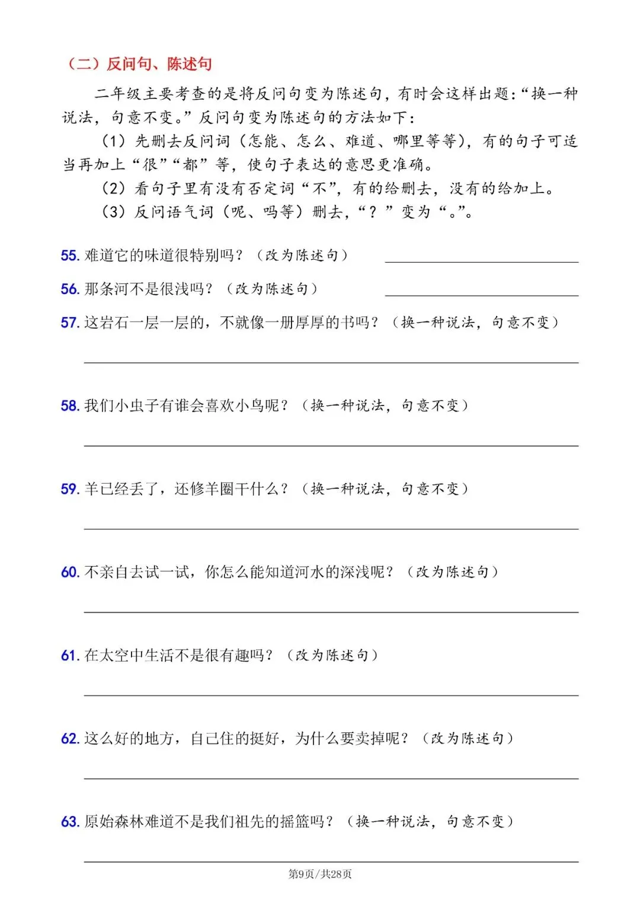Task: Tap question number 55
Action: point(70,255)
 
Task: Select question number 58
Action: point(70,406)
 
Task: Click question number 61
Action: point(70,655)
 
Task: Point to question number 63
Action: point(70,822)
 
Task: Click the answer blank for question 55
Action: point(481,260)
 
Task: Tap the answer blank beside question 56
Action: point(481,293)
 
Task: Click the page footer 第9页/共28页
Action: point(320,874)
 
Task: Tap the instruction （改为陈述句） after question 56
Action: point(272,289)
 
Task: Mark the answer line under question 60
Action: point(331,611)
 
